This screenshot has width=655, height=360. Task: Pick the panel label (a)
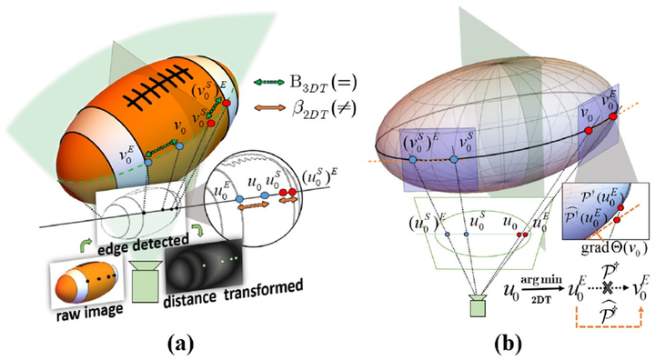coord(160,343)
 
